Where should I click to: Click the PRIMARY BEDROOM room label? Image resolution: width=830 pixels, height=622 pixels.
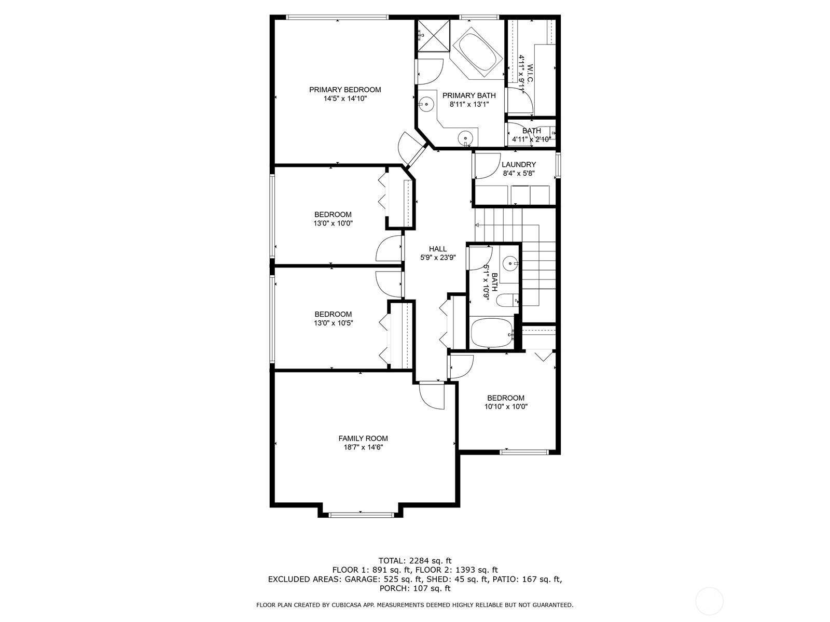(x=345, y=90)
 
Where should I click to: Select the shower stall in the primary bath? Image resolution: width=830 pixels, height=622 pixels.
(x=434, y=36)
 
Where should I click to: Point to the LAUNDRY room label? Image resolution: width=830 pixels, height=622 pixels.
(x=519, y=164)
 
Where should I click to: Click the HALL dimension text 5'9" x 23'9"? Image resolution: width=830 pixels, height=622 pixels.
(x=438, y=258)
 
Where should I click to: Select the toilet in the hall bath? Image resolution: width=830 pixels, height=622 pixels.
(x=507, y=300)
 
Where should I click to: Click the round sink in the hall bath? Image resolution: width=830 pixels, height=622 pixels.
(x=511, y=263)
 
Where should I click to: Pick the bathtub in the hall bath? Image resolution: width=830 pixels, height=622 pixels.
(x=490, y=333)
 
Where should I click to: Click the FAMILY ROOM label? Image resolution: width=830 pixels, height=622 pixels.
(x=363, y=439)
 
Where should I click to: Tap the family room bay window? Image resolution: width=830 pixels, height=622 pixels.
(x=361, y=515)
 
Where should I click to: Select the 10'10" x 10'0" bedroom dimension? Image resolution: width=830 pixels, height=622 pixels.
(x=506, y=407)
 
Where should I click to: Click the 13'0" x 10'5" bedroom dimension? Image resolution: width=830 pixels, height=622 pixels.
(x=333, y=323)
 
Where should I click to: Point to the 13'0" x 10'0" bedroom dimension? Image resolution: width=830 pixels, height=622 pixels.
(x=333, y=223)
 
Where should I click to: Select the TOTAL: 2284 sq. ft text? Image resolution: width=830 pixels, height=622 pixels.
(x=415, y=560)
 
